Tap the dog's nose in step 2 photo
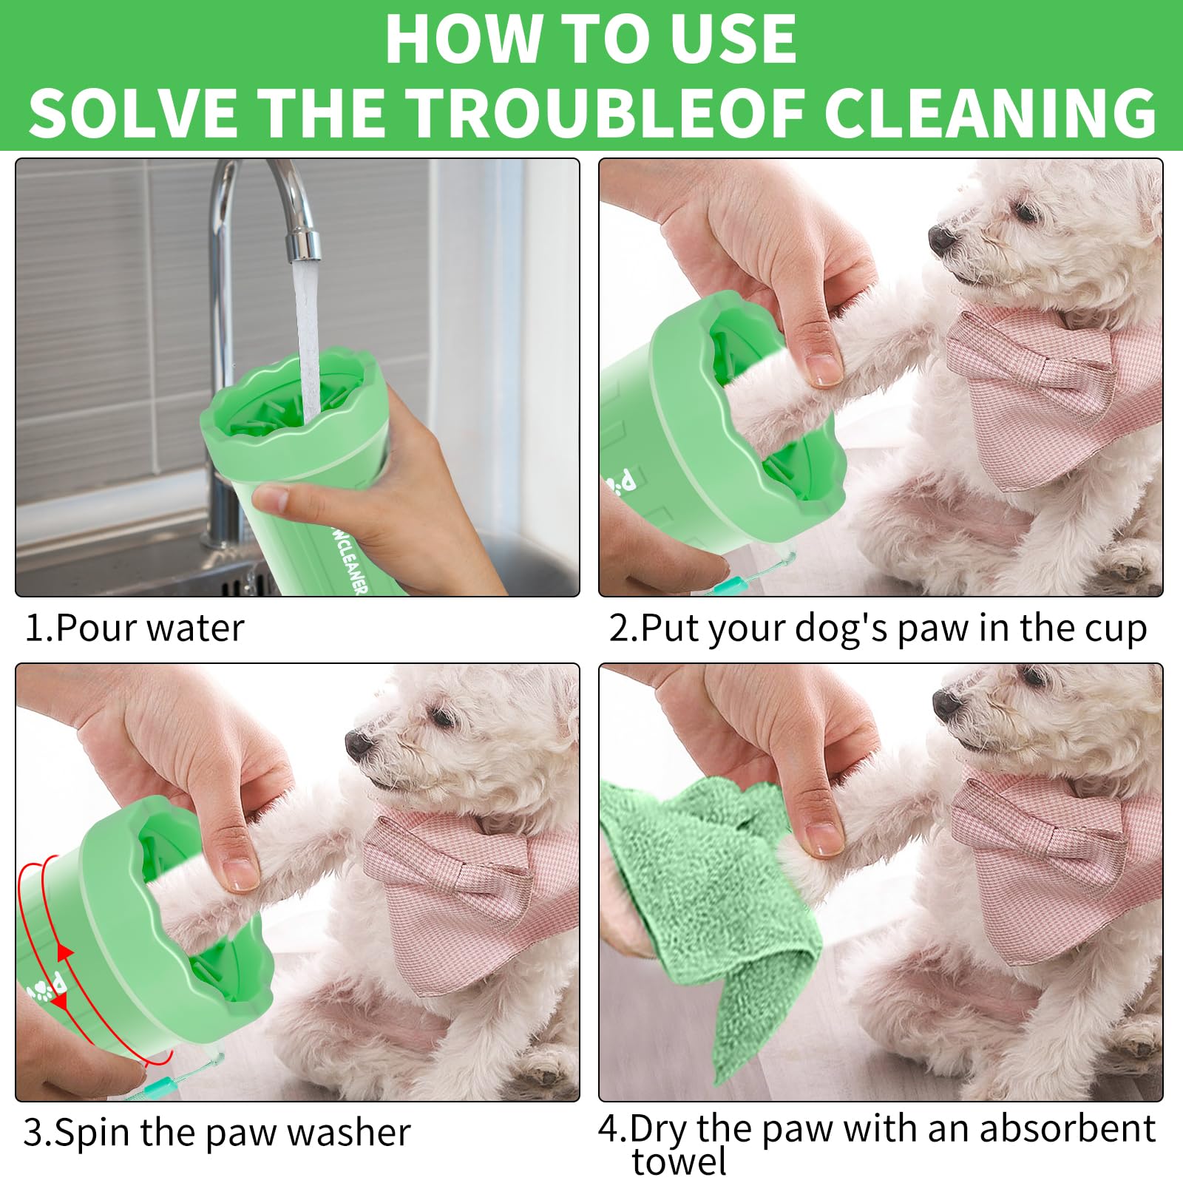(941, 238)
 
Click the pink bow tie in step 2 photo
(1035, 384)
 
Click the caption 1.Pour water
(135, 628)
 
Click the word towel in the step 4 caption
(679, 1162)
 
